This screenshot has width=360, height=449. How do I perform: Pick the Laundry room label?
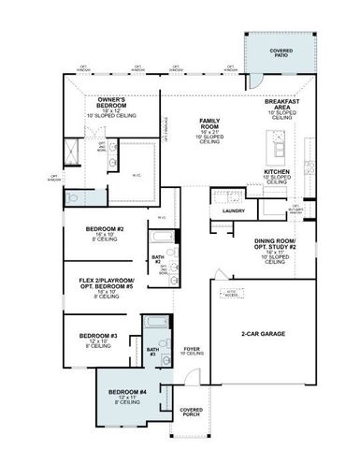pos(233,211)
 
